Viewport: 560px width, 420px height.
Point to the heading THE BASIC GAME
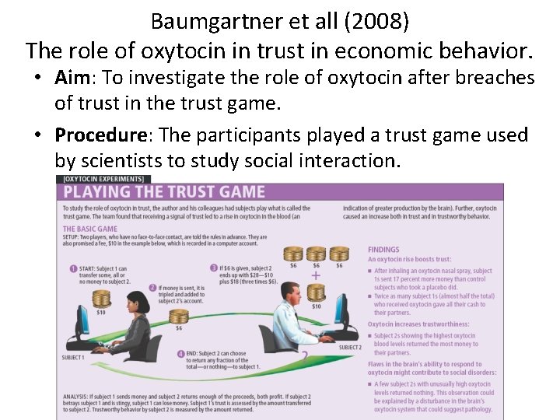coord(90,229)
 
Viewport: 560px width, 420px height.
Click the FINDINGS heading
coord(383,250)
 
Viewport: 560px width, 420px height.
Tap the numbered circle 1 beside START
coord(72,269)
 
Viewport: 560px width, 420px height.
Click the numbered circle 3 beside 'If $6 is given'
coord(214,269)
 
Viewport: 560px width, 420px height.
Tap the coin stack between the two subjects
coord(179,317)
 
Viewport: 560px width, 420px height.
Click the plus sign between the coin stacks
coord(316,275)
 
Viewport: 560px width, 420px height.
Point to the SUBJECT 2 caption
coord(350,348)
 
